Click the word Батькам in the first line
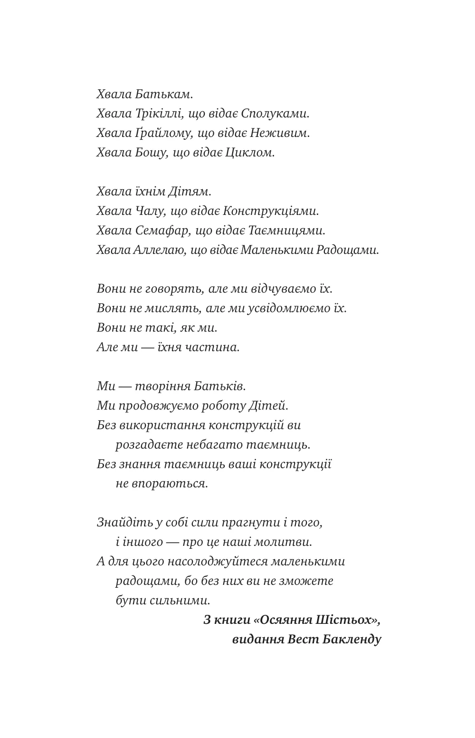point(163,94)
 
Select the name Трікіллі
point(159,114)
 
